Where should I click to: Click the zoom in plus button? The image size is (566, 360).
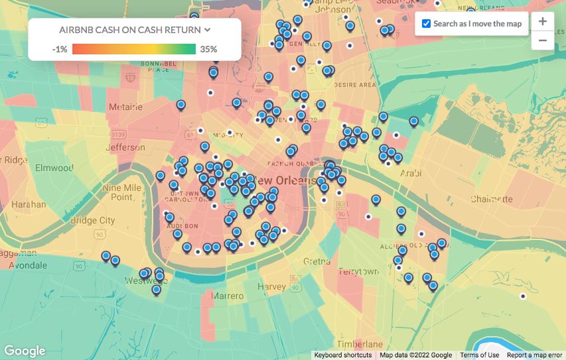tap(542, 21)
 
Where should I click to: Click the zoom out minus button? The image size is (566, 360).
tap(542, 40)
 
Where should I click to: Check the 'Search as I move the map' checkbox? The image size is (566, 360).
tap(427, 24)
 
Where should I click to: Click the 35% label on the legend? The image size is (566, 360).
tap(208, 49)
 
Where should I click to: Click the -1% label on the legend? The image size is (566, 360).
tap(60, 49)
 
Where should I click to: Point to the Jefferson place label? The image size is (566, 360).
tap(125, 147)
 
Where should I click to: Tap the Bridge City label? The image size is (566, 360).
tap(92, 220)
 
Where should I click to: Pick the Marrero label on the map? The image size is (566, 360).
tap(228, 296)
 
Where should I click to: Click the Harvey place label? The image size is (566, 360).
tap(271, 287)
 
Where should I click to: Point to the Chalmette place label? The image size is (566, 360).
tap(492, 198)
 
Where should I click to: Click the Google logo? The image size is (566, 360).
tap(25, 351)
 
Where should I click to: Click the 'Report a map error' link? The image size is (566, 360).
tap(534, 355)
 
